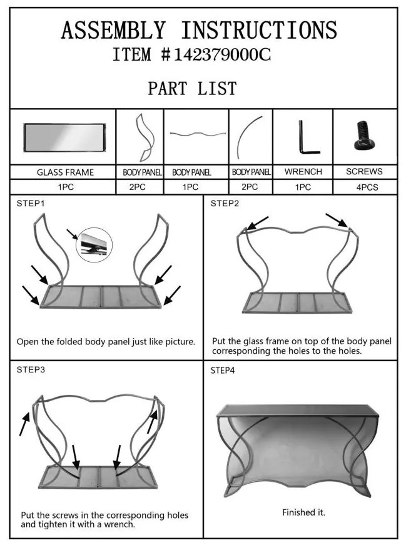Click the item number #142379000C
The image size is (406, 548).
tap(216, 54)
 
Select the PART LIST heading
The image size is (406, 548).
tap(192, 88)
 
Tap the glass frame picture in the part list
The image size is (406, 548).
tap(64, 137)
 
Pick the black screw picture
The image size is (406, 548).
tap(365, 136)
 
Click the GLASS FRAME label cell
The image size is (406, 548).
tap(66, 172)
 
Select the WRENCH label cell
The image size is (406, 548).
tap(303, 172)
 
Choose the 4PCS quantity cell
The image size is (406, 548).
tap(367, 187)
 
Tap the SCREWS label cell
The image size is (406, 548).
tap(364, 172)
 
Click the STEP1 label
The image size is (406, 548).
tap(31, 204)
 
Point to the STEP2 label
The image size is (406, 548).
tap(225, 204)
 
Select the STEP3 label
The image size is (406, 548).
tap(31, 370)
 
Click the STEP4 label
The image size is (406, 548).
tap(223, 371)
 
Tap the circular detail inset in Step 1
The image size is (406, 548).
tap(94, 245)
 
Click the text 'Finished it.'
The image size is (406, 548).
tap(304, 512)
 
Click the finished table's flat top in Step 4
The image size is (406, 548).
tap(298, 411)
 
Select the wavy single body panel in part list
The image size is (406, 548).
tap(198, 134)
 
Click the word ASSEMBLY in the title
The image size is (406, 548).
tap(113, 30)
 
